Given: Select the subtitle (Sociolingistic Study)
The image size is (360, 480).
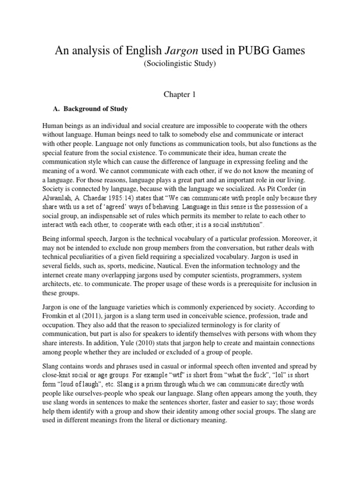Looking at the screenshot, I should coord(180,64).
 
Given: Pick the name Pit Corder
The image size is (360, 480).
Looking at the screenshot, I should coord(283,189).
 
